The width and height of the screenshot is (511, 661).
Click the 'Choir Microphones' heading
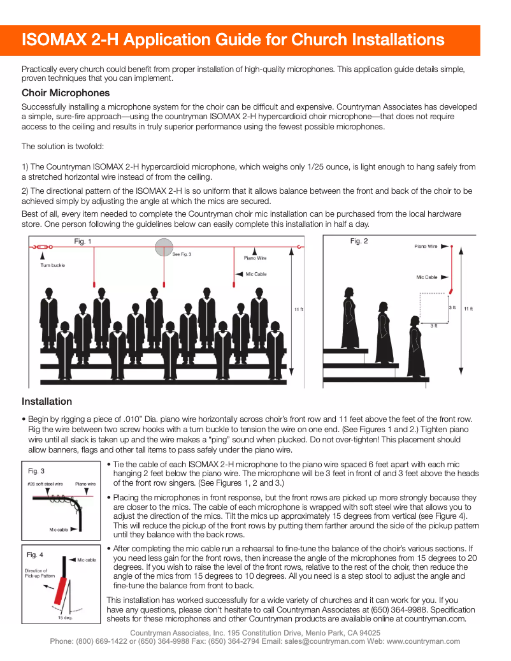click(x=66, y=93)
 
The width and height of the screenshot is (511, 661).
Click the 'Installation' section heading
click(x=47, y=402)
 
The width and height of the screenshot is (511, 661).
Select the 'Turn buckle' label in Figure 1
click(x=53, y=265)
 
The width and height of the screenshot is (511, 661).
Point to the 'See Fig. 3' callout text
click(x=182, y=254)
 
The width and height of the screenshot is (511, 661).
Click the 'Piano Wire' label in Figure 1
click(x=255, y=258)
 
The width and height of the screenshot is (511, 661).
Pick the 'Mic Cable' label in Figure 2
click(x=427, y=277)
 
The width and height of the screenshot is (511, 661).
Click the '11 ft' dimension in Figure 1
click(x=298, y=309)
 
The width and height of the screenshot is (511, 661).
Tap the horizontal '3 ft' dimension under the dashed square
click(x=434, y=326)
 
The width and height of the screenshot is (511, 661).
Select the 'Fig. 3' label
click(x=36, y=471)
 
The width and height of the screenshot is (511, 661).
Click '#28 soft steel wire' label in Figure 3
click(x=45, y=484)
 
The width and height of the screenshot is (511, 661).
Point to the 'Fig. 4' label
click(x=36, y=555)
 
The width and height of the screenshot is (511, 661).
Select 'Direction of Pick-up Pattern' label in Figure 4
click(x=36, y=574)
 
